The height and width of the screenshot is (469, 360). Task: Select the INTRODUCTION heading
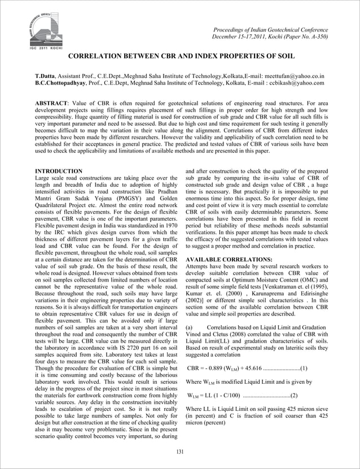59,170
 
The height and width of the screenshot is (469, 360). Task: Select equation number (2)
294,395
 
